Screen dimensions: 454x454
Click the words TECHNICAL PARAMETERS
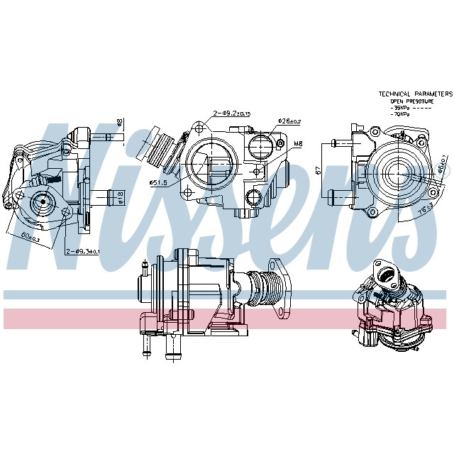415,94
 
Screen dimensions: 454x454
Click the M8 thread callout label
298,143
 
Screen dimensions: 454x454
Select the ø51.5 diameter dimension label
157,183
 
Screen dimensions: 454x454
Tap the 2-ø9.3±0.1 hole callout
83,250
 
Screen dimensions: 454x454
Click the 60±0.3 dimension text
31,238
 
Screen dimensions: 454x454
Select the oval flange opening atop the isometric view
388,271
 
